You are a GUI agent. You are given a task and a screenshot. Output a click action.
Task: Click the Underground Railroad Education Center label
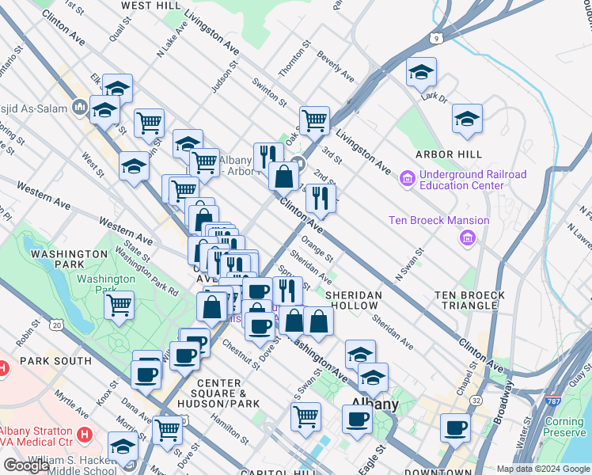tap(461, 180)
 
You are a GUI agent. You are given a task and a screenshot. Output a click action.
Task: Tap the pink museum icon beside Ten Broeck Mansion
tap(469, 237)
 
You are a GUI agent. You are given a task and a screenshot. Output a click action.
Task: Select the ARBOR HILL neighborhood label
tap(448, 154)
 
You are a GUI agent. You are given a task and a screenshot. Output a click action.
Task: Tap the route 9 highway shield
tap(435, 37)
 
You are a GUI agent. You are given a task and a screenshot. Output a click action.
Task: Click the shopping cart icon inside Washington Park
tap(119, 304)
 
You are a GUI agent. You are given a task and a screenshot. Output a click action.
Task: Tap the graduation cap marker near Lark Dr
tap(421, 72)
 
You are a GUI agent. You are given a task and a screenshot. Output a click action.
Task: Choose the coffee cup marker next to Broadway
tap(455, 427)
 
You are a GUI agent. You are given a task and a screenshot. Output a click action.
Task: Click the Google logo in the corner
tap(26, 465)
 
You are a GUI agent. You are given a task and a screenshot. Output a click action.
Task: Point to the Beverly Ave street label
tap(335, 68)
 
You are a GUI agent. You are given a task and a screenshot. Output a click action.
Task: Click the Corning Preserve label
tap(564, 427)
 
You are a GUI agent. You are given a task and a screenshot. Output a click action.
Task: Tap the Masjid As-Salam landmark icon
tap(81, 107)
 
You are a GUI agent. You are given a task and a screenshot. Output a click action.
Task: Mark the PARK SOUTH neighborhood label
tap(45, 361)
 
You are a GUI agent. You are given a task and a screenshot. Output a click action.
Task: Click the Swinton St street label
tap(269, 93)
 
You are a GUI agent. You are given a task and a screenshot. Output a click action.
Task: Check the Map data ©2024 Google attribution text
tap(543, 469)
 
